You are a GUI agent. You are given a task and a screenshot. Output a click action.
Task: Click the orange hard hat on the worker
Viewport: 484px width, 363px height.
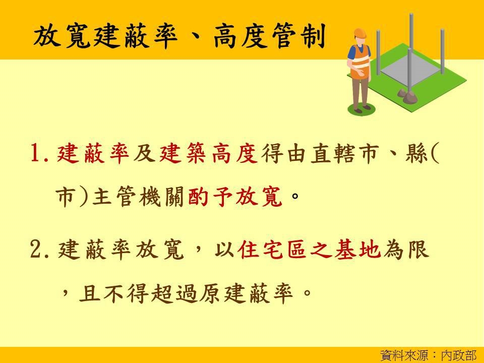pyautogui.click(x=359, y=33)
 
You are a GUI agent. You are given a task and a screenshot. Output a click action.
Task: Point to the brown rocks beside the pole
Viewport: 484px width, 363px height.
pyautogui.click(x=407, y=95)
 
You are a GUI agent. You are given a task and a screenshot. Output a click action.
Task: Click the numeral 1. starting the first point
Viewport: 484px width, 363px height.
pyautogui.click(x=39, y=153)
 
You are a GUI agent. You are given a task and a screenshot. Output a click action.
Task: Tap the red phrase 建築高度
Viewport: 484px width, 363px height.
pyautogui.click(x=208, y=153)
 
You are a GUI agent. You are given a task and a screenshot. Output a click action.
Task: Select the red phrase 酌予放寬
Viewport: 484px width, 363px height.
pyautogui.click(x=235, y=197)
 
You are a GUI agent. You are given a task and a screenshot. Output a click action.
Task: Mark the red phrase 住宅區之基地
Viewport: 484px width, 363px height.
pyautogui.click(x=309, y=249)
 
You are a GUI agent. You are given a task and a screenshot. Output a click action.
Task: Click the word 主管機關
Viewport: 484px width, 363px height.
pyautogui.click(x=138, y=197)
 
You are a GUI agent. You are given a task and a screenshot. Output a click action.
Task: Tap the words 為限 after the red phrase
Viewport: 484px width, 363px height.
pyautogui.click(x=406, y=249)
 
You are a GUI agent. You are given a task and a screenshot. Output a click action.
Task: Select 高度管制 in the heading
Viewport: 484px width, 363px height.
pyautogui.click(x=269, y=36)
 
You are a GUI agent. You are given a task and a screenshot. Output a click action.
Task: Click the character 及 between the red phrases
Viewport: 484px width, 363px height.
pyautogui.click(x=144, y=153)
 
